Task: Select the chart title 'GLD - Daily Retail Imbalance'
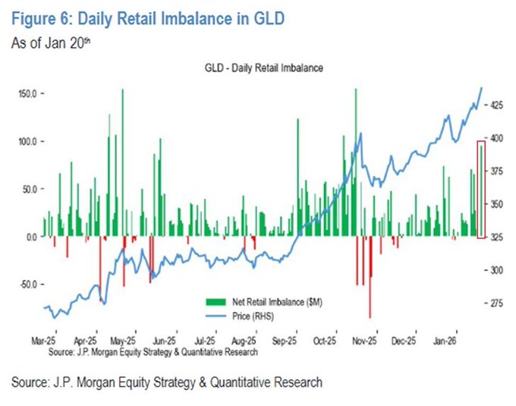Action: (259, 68)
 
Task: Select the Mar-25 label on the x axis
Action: (44, 342)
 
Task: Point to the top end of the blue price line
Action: (482, 88)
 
